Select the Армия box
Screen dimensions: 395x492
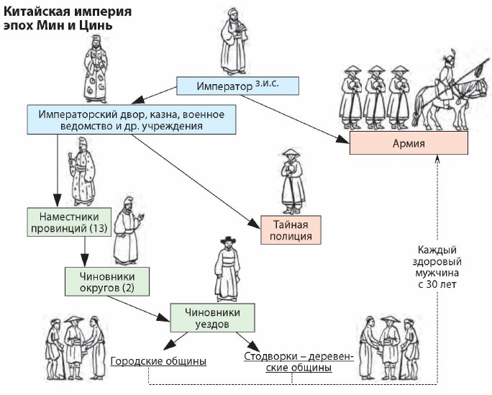tap(409, 142)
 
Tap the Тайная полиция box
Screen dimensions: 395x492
tap(291, 227)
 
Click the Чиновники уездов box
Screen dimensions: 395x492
tap(213, 317)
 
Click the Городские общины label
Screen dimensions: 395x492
tap(158, 360)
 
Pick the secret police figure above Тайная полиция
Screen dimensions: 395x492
tap(291, 180)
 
